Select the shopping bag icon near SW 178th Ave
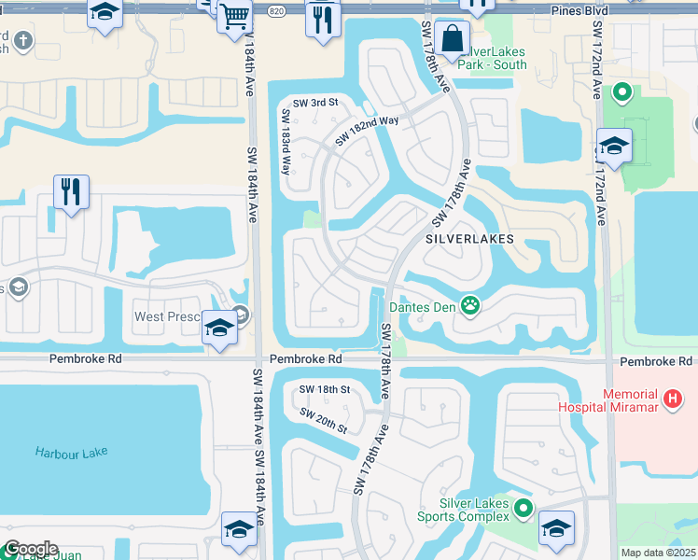click(453, 39)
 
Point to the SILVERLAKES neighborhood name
click(469, 239)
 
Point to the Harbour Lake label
click(72, 453)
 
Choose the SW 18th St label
click(324, 389)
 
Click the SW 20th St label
click(324, 420)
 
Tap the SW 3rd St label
click(314, 103)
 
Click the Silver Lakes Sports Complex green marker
click(524, 509)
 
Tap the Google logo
click(31, 549)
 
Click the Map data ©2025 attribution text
click(658, 553)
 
